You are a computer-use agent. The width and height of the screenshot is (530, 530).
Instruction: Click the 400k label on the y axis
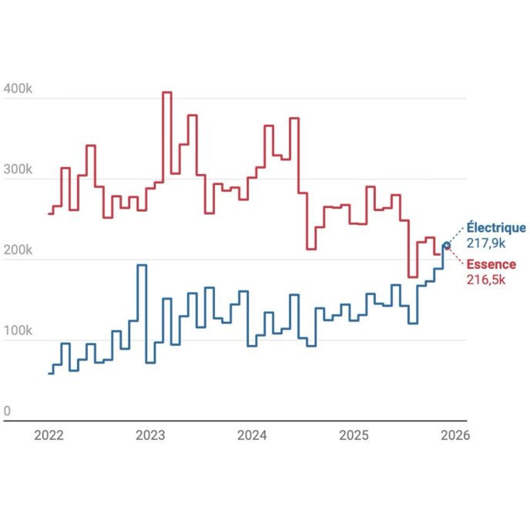pos(17,89)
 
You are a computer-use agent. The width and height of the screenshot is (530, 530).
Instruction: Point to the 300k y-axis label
pos(17,169)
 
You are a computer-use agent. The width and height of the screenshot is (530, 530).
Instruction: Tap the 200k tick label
pos(17,250)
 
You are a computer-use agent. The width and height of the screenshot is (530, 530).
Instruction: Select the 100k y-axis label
pos(17,331)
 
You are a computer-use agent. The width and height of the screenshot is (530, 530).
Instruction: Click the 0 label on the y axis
pos(8,411)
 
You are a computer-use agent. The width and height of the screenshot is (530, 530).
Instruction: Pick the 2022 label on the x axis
pos(49,435)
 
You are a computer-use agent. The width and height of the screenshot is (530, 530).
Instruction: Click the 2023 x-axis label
pos(150,435)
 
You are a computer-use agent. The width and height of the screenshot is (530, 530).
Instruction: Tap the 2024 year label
pos(252,435)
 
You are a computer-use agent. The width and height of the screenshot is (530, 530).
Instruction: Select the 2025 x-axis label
pos(354,435)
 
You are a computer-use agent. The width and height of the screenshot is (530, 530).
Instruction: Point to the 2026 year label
pos(455,435)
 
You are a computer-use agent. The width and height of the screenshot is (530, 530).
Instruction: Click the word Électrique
pos(496,228)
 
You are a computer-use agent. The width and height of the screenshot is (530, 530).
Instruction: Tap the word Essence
pos(491,265)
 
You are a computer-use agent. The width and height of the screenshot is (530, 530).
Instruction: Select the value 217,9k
pos(485,243)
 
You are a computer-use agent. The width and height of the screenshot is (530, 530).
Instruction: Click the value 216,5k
pos(485,280)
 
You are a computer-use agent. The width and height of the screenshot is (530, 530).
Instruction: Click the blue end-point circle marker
pos(446,246)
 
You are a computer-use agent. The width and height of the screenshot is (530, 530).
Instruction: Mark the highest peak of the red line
pos(166,92)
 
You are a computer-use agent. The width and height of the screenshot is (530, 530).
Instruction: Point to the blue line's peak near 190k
pos(141,266)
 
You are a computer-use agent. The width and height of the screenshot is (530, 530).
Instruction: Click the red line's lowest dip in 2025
pos(412,277)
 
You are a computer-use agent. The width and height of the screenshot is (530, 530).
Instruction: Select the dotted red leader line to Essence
pos(455,256)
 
